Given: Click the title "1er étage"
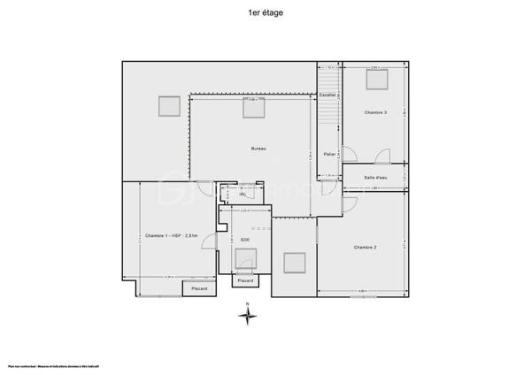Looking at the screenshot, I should point(266,14).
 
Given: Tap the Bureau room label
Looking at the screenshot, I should point(258,149).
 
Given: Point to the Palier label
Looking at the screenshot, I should point(329,154).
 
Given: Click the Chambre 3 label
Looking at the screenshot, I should point(375,112).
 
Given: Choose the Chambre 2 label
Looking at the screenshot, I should point(366,247).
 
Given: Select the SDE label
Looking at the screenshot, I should point(245,240).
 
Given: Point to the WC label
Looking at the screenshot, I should point(241,194).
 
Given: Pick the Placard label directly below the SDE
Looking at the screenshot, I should point(245,280).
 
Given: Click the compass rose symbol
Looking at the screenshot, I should point(248,317).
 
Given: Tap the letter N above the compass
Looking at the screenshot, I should point(248,304).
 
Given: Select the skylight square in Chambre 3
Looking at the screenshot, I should point(378,79).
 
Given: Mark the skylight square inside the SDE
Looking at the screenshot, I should point(245,257).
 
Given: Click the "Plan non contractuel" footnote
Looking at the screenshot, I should point(53,365).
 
